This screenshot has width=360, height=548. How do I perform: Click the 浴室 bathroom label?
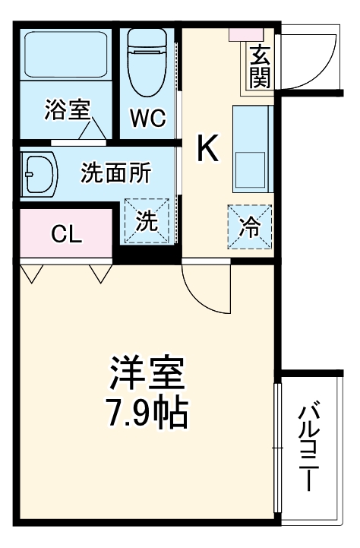68,111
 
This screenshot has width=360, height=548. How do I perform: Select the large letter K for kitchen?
207,148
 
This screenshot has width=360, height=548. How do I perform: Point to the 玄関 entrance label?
260,66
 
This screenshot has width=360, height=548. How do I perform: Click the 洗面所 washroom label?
116,173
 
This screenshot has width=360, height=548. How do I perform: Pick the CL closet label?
66,235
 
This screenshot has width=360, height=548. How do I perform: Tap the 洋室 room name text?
147,372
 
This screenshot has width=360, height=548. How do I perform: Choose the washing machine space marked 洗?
147,220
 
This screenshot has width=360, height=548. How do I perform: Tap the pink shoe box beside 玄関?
248,34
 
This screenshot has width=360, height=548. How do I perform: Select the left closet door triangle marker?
31,272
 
